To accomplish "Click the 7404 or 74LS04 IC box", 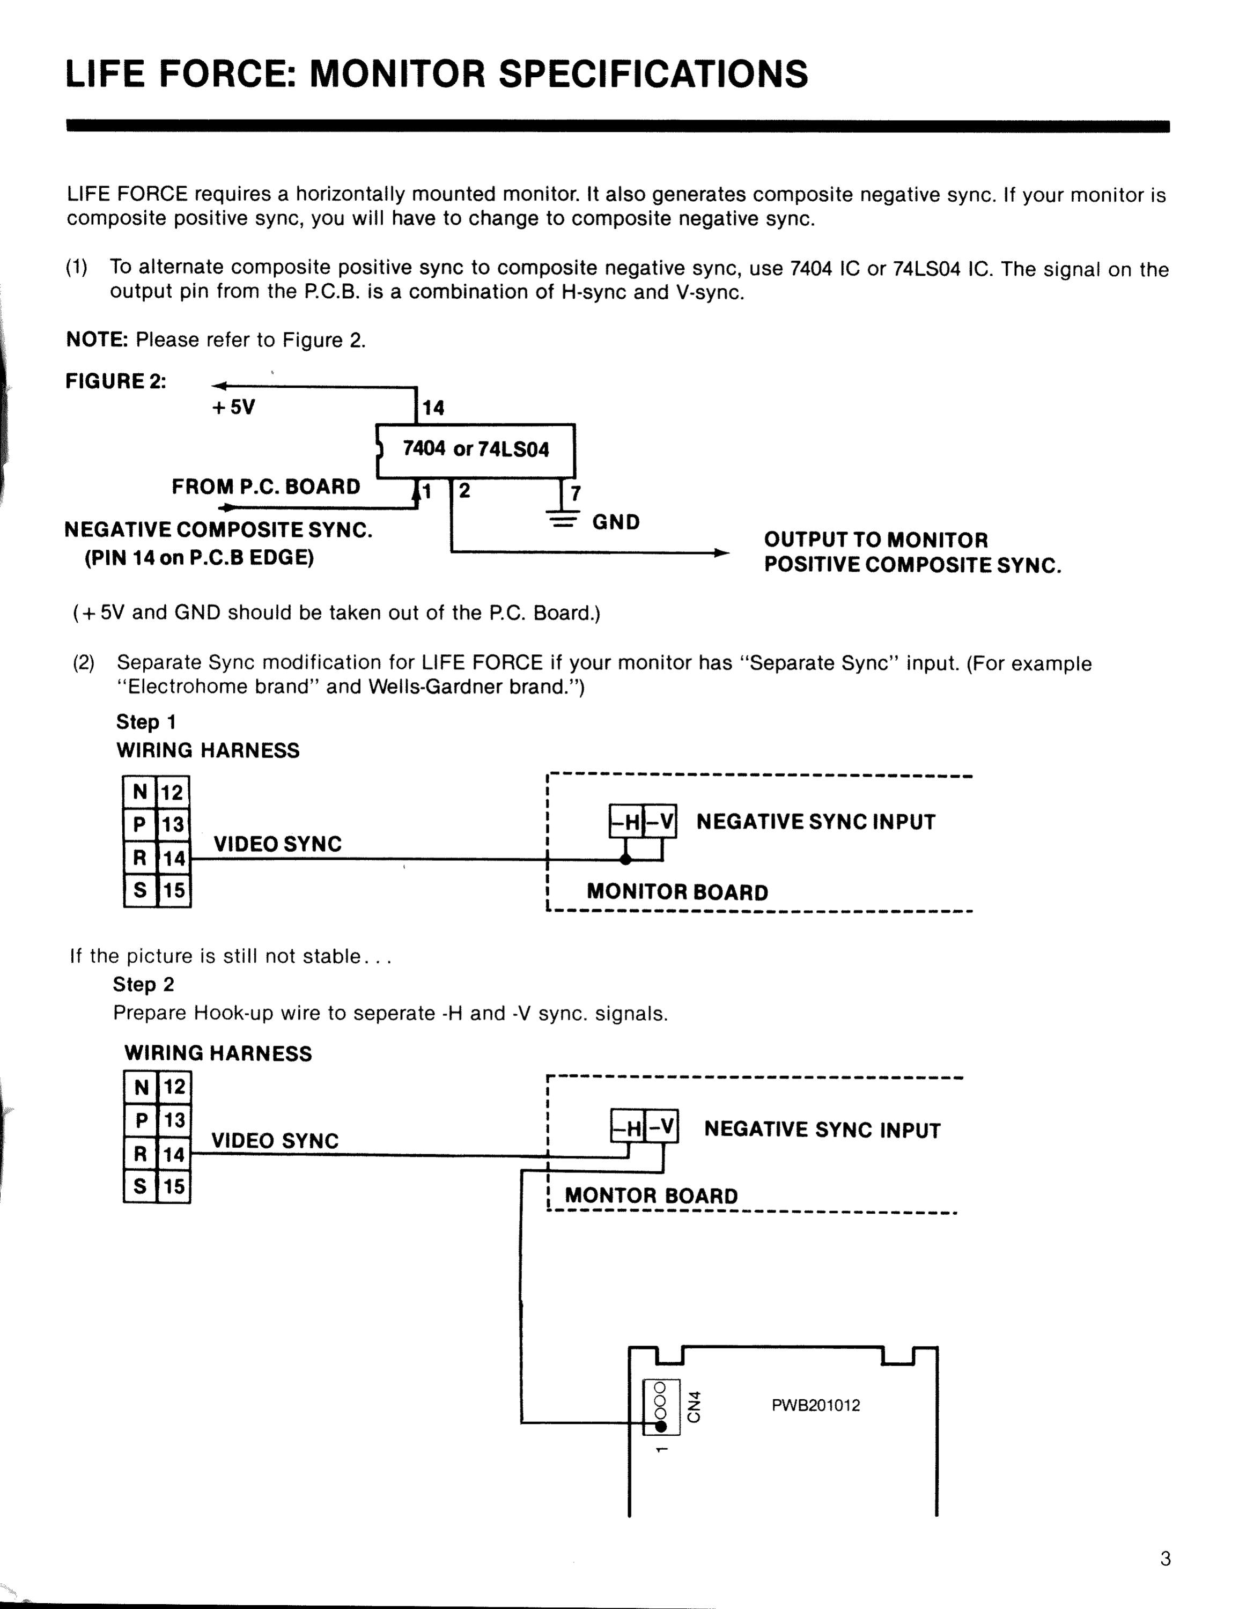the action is pos(475,450).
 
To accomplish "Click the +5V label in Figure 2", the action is pos(233,408).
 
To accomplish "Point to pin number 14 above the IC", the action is pos(433,408).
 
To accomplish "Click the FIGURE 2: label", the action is pos(116,382).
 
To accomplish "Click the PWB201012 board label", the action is pos(815,1406).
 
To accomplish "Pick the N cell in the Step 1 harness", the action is pos(140,793).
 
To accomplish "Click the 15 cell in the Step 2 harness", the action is pos(174,1186).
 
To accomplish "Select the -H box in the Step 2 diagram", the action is pos(628,1126).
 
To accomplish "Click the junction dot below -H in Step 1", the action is pos(625,859).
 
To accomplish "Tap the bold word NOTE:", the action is pos(97,339).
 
